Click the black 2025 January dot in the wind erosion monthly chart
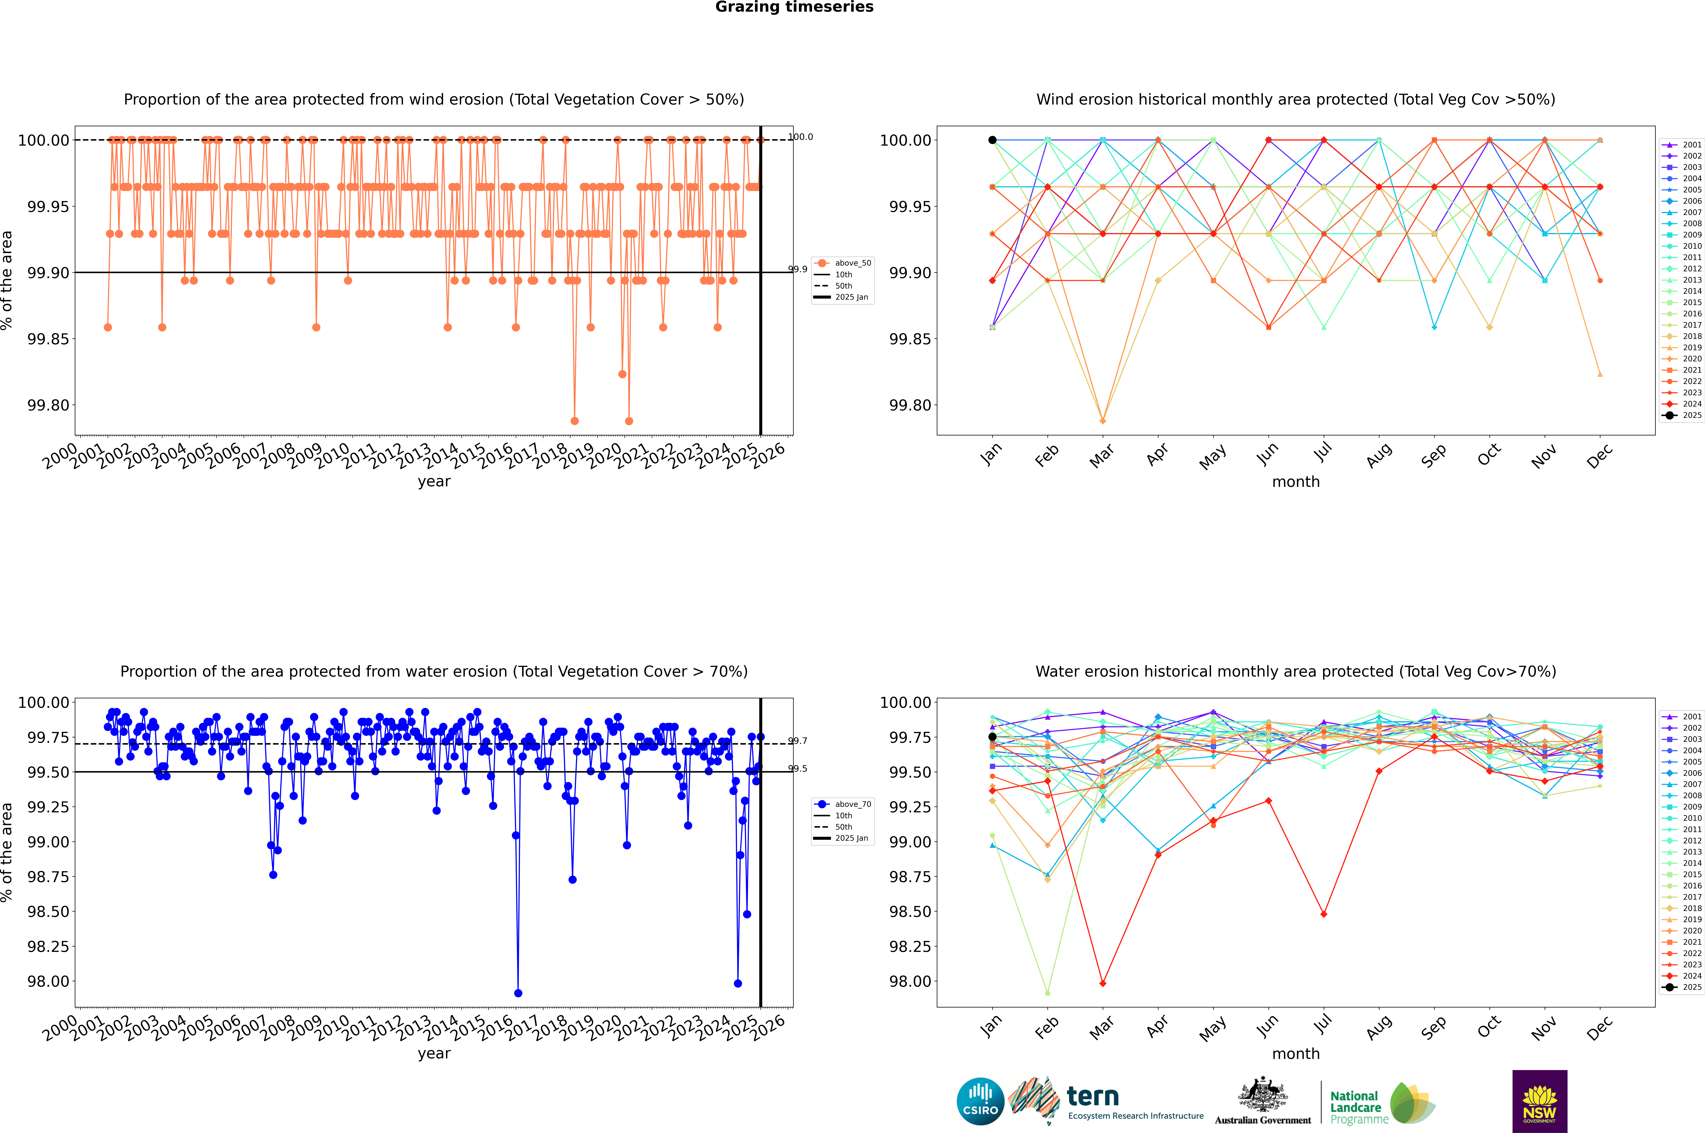click(x=992, y=140)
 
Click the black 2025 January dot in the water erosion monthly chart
click(x=992, y=737)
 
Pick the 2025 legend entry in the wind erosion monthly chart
click(x=1684, y=416)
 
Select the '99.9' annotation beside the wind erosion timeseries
click(x=798, y=270)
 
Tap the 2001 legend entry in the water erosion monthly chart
click(x=1684, y=717)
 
